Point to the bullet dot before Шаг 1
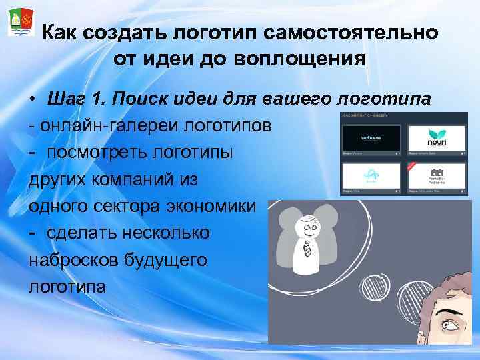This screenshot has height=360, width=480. [33, 101]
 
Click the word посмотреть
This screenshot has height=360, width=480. [95, 153]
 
